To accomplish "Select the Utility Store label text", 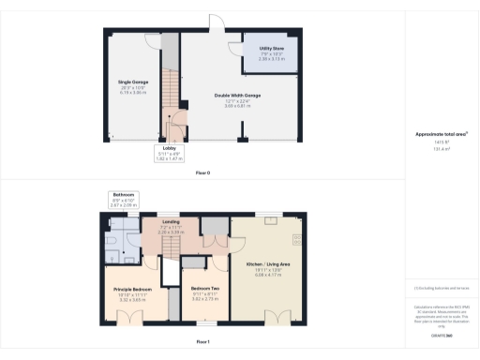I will (x=270, y=50).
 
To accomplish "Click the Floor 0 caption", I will (x=202, y=173).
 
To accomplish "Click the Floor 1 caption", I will (x=202, y=341).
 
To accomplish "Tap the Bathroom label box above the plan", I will (x=124, y=198).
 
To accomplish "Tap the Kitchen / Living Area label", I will (x=267, y=268).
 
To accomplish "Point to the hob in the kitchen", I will (x=297, y=240).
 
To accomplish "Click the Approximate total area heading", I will (x=442, y=133).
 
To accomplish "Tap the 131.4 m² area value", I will (x=442, y=148).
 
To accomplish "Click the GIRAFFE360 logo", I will (x=441, y=334).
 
